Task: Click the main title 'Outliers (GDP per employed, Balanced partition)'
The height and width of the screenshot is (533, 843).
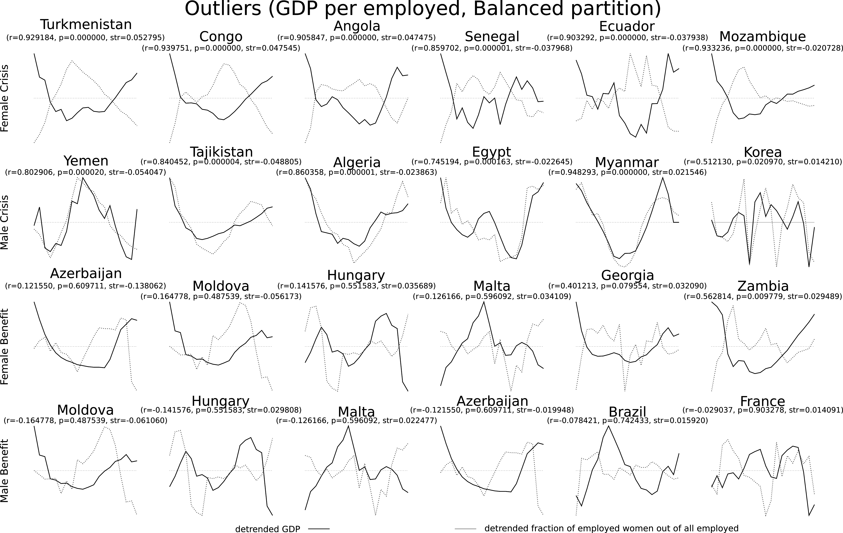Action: coord(423,9)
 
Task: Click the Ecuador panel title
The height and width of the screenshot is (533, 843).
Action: coord(627,26)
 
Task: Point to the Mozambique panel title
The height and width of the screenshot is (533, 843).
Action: coord(763,36)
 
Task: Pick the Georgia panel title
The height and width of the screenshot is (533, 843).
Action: coord(627,275)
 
